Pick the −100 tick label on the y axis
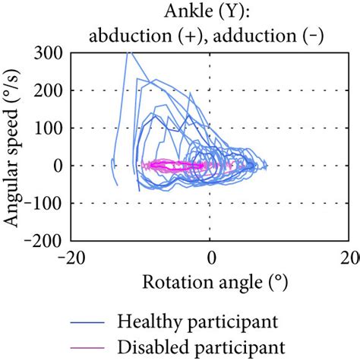46,203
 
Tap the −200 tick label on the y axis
46,240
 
